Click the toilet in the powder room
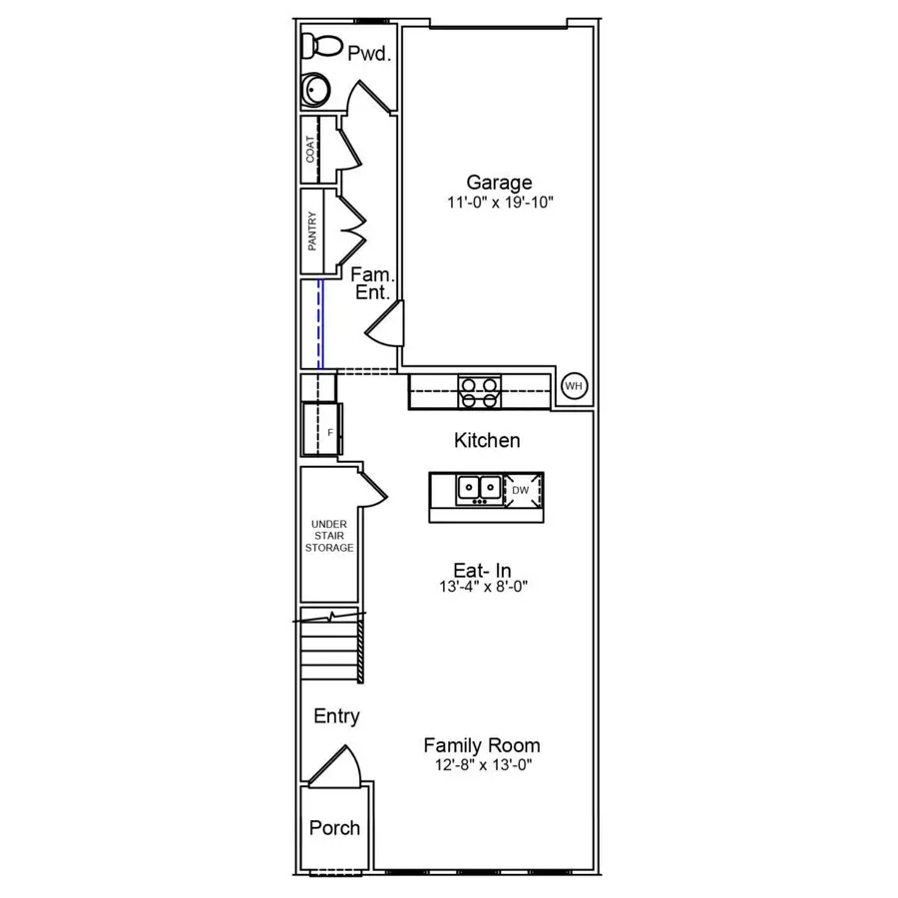(x=321, y=46)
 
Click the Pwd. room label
(x=367, y=54)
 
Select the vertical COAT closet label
(x=311, y=150)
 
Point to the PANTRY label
(x=312, y=230)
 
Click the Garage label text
(x=499, y=183)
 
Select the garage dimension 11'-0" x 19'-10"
(x=499, y=203)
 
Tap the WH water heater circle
(x=574, y=386)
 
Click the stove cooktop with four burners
(x=479, y=392)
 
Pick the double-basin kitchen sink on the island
(x=480, y=489)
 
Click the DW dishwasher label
(x=520, y=490)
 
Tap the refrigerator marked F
(x=322, y=431)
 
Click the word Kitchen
(x=487, y=440)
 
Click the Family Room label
(x=482, y=745)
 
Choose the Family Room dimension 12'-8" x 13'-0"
(x=482, y=766)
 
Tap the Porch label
(x=334, y=828)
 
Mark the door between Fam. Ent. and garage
(x=386, y=324)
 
